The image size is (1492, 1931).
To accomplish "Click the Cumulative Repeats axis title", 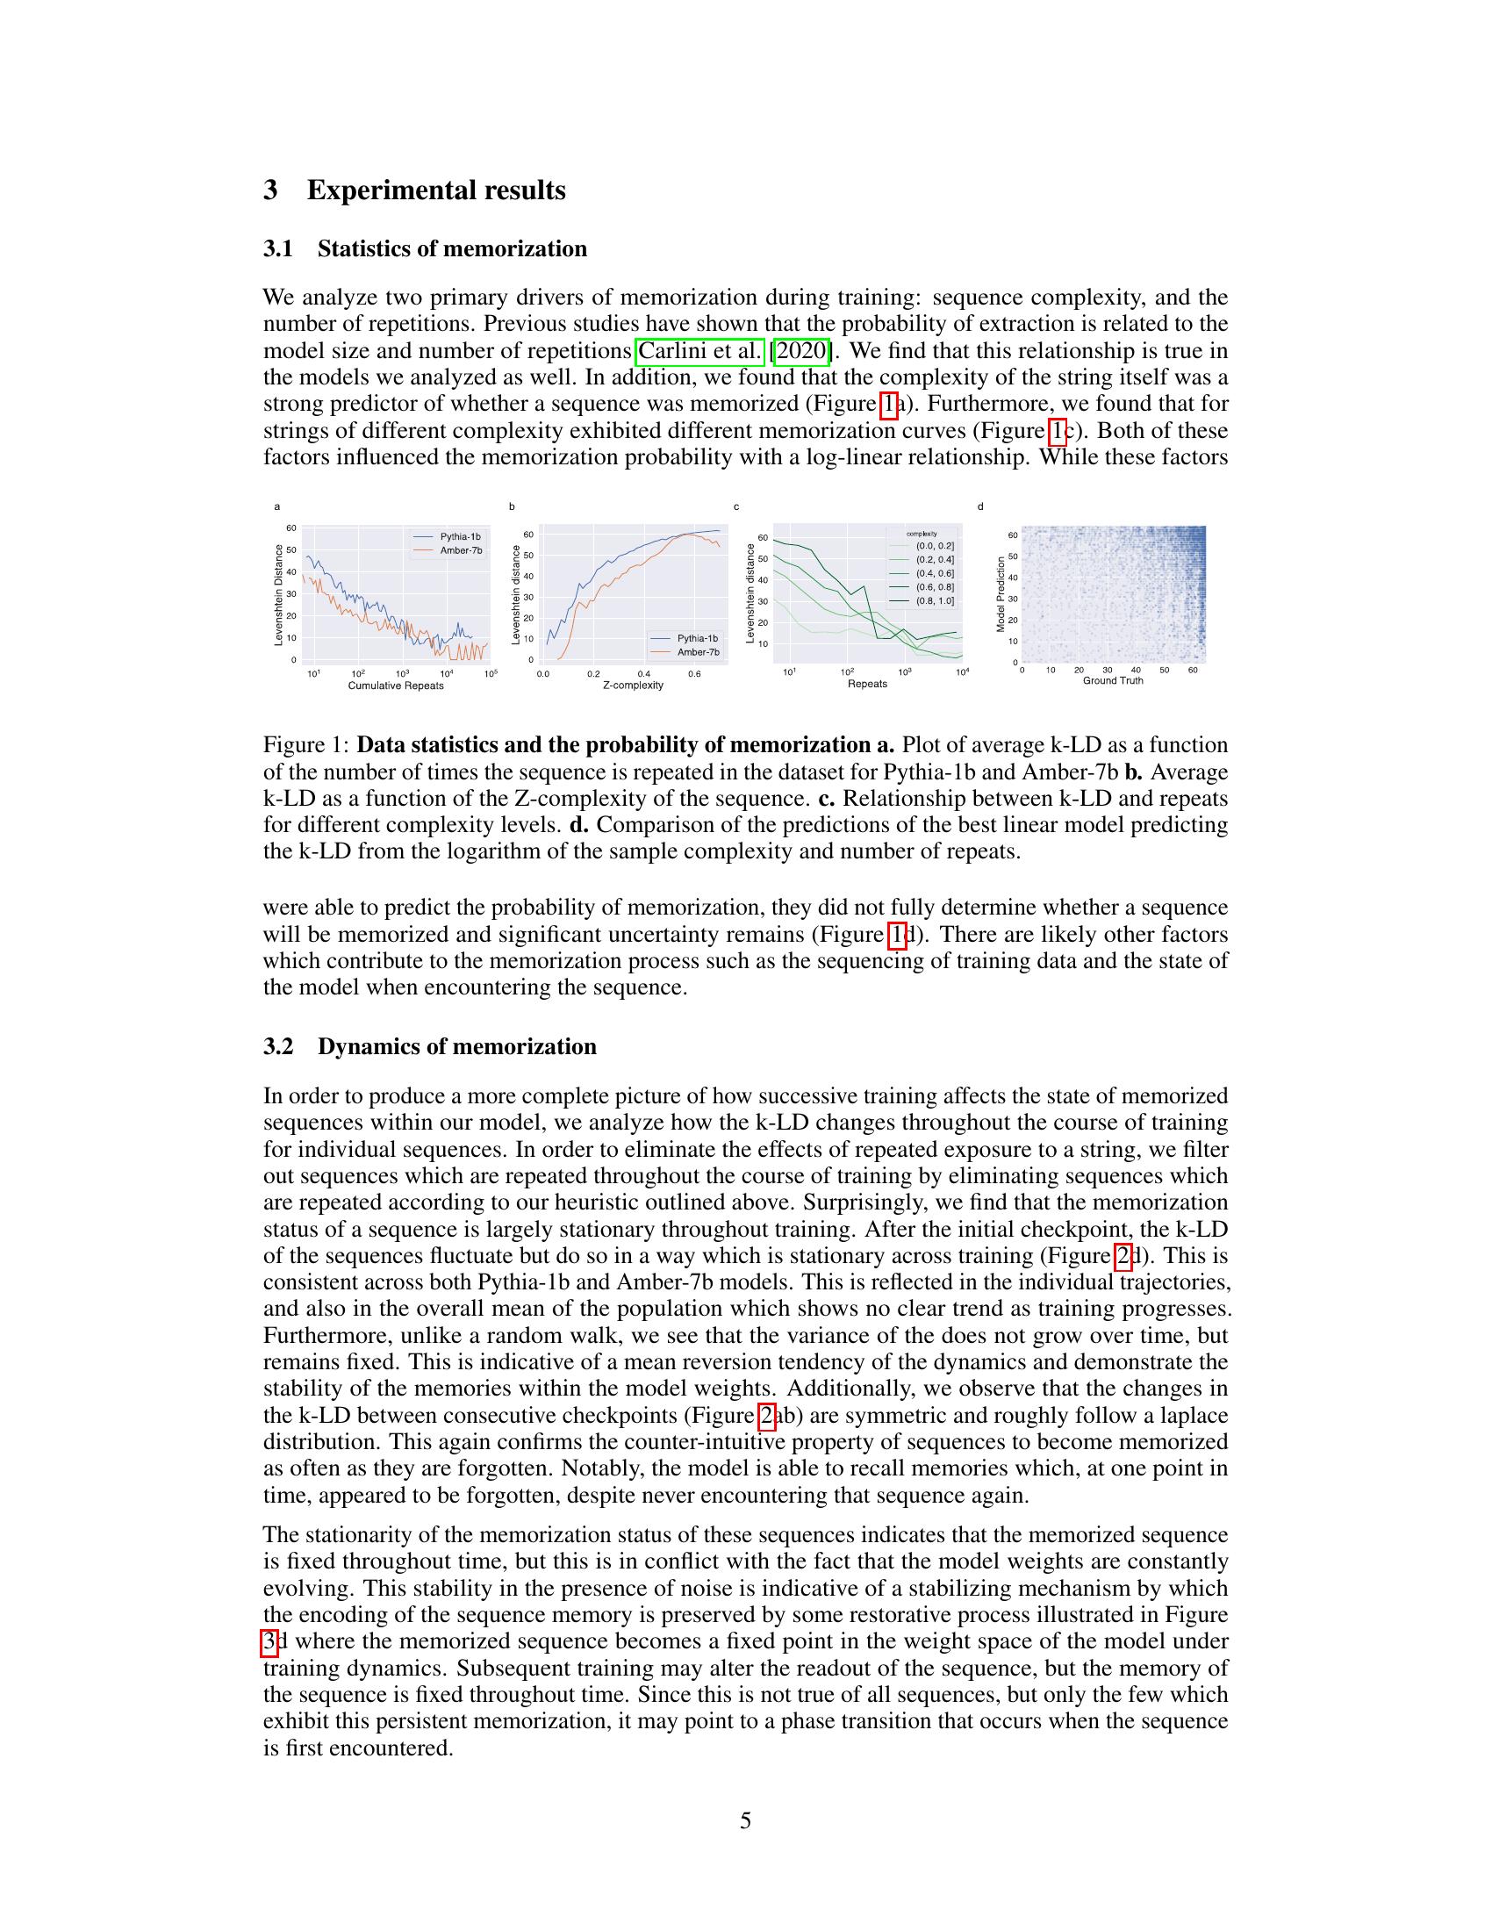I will [396, 686].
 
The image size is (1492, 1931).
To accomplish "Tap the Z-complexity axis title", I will [633, 686].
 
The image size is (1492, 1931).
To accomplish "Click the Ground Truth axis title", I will [1113, 680].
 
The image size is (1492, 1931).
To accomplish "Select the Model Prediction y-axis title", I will [1001, 594].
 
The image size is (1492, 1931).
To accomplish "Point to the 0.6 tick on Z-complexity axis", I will [694, 674].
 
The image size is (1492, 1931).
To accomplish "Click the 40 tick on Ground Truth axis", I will [1136, 671].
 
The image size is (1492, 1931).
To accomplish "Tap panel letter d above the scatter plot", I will [980, 506].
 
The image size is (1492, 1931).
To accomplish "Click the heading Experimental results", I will [436, 190].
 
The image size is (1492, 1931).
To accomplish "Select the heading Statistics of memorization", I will [452, 248].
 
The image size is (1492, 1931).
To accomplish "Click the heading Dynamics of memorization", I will [456, 1046].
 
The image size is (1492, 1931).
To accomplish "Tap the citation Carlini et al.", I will [699, 351].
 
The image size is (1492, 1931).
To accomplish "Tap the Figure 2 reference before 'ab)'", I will [767, 1416].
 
